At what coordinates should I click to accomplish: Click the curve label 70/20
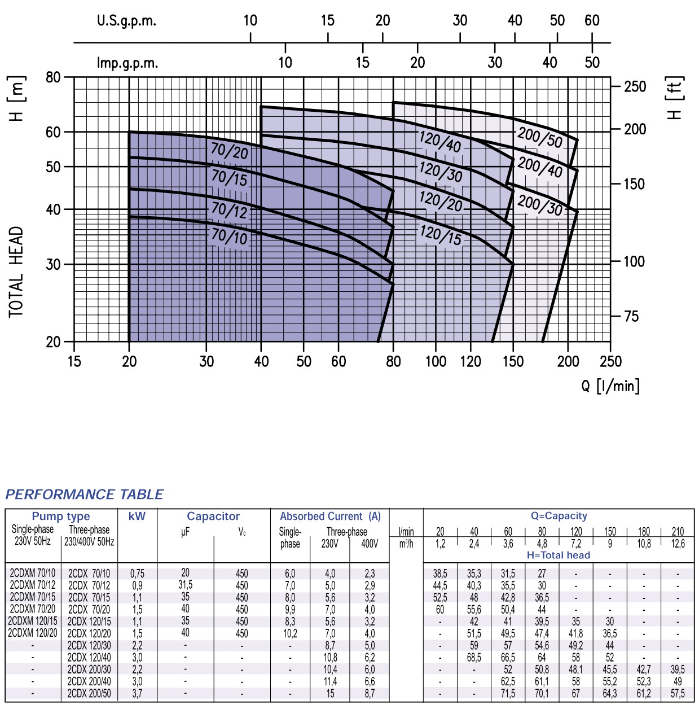(229, 151)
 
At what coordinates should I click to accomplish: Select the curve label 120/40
(440, 141)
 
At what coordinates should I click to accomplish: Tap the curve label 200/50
(540, 137)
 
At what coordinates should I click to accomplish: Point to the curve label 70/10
(229, 235)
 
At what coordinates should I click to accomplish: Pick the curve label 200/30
(540, 204)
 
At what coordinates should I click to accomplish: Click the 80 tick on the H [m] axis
(53, 77)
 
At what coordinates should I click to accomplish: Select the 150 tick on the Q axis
(513, 361)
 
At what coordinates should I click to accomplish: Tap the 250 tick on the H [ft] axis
(635, 87)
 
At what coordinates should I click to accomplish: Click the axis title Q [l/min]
(610, 386)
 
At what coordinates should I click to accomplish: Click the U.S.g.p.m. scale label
(126, 21)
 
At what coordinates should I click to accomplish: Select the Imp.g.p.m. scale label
(128, 63)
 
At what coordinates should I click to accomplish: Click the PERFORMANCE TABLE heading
(84, 494)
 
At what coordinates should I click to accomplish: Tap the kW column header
(137, 516)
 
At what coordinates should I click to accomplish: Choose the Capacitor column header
(213, 516)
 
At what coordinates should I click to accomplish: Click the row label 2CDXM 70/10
(33, 573)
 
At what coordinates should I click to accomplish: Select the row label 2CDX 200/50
(89, 693)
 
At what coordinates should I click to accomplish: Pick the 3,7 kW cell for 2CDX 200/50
(137, 693)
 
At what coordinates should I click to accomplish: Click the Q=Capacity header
(559, 515)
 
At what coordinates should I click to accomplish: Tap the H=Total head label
(559, 555)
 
